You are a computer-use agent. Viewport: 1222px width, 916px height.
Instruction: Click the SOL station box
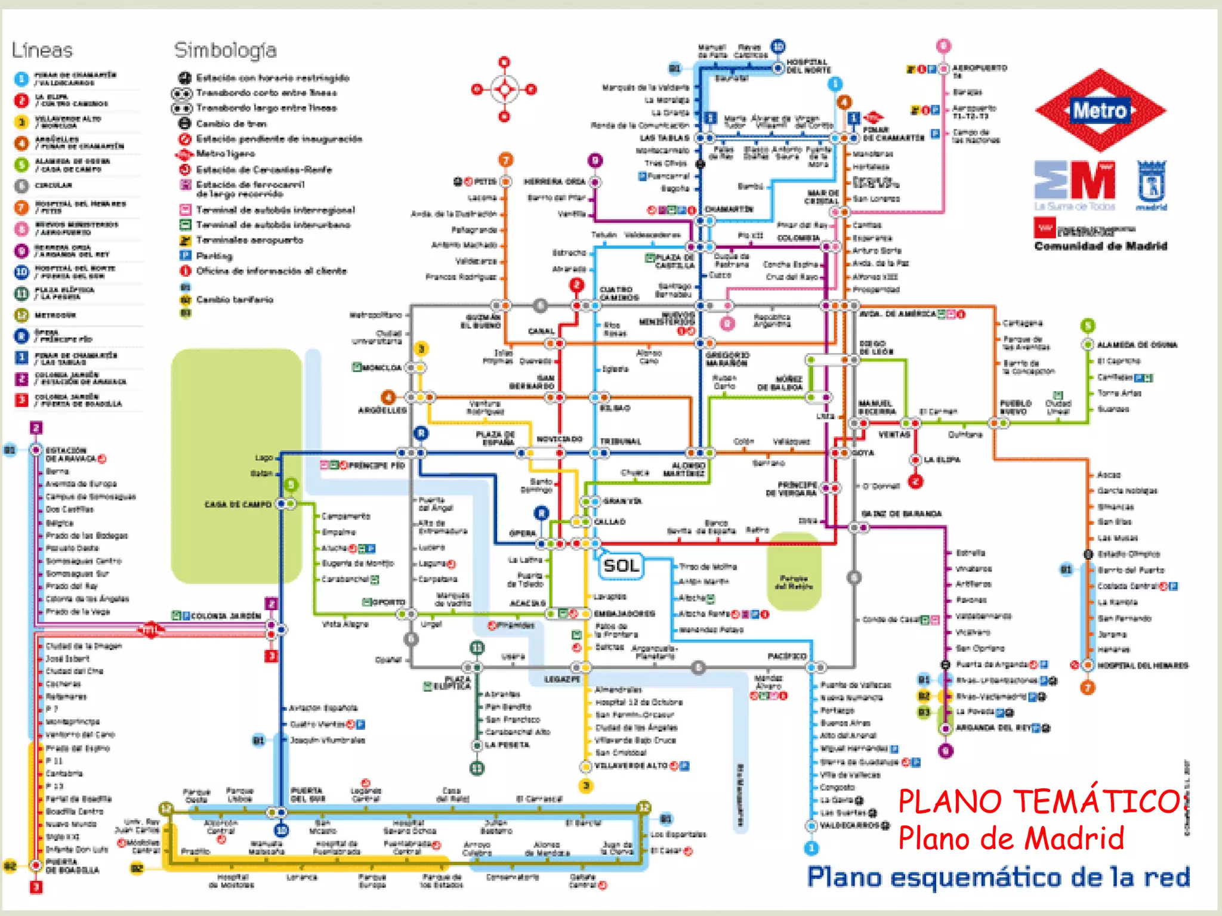[621, 565]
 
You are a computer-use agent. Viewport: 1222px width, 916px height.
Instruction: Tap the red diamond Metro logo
[1100, 110]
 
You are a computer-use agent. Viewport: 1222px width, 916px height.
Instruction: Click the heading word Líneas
[42, 50]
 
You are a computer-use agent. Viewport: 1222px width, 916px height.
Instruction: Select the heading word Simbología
[226, 50]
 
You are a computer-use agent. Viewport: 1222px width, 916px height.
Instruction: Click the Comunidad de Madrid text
[1100, 246]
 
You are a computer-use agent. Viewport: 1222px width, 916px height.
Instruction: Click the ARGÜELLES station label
[382, 410]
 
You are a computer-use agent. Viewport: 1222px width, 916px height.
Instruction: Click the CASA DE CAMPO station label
[237, 505]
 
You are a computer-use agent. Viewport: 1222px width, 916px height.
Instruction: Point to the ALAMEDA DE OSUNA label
[1137, 345]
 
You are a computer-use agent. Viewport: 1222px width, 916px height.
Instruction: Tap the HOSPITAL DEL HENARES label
[1143, 666]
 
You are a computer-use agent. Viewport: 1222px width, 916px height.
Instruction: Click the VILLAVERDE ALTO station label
[631, 766]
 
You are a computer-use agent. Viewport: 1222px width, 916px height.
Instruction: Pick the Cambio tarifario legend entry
[234, 299]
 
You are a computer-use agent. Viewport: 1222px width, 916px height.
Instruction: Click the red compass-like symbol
[505, 89]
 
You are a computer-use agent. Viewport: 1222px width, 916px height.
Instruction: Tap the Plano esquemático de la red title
[998, 877]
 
